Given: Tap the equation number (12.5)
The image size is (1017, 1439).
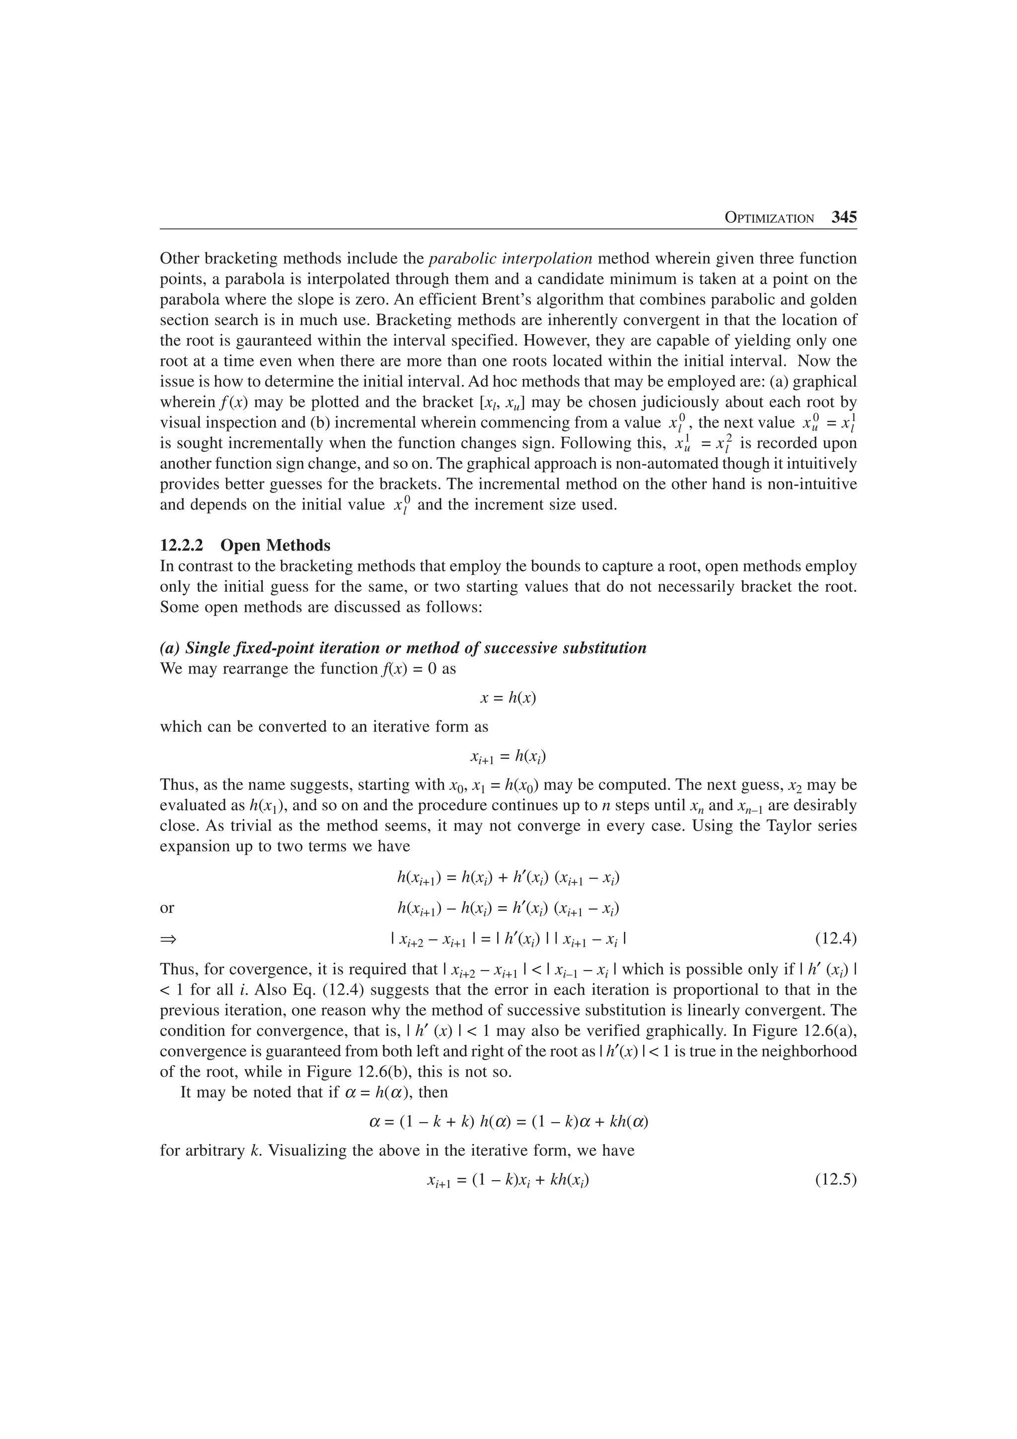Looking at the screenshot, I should [x=836, y=1181].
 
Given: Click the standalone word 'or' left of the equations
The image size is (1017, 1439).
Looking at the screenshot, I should [x=167, y=908].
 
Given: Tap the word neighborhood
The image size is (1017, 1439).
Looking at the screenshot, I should [x=809, y=1051].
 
